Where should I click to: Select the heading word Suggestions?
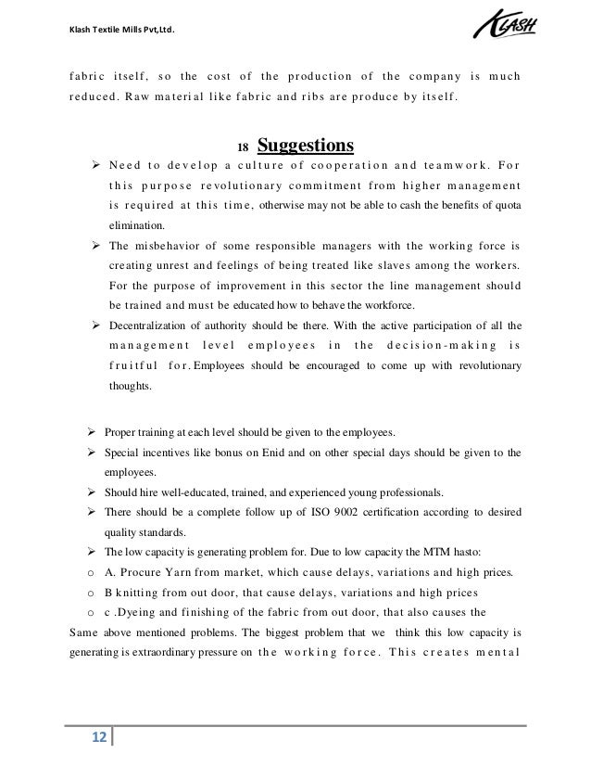coord(305,147)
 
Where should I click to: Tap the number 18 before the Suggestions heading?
coord(244,148)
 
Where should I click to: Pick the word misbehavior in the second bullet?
coord(180,246)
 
